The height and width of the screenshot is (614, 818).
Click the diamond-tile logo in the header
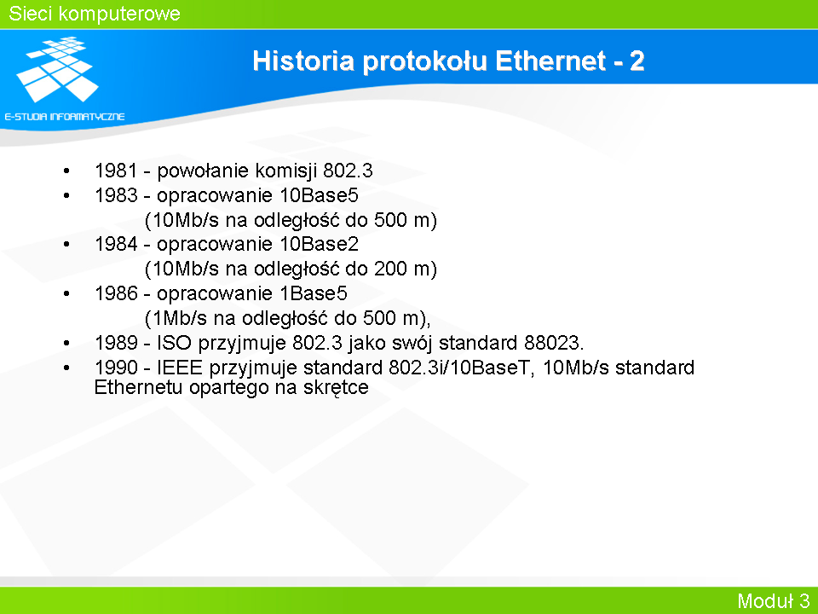click(57, 69)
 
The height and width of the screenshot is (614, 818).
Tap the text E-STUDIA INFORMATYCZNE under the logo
click(65, 117)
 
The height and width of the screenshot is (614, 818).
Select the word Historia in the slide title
click(303, 61)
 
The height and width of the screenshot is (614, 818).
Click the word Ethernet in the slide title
click(550, 61)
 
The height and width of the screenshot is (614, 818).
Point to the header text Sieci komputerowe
click(95, 14)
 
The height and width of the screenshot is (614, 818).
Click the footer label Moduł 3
click(773, 600)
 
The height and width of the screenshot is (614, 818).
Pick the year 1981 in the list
click(116, 171)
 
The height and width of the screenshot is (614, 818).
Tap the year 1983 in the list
click(116, 195)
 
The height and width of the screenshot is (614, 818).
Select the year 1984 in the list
click(116, 244)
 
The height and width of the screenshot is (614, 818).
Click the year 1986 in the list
click(116, 293)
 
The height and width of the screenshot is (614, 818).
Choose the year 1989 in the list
click(116, 343)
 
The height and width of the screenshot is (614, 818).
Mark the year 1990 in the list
click(116, 368)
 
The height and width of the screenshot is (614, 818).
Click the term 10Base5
click(320, 195)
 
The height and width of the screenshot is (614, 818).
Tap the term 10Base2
click(320, 244)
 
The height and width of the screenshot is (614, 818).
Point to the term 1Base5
click(314, 293)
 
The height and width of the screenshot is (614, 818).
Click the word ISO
click(174, 343)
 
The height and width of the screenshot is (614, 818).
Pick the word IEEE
click(180, 368)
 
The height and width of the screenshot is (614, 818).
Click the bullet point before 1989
click(66, 343)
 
